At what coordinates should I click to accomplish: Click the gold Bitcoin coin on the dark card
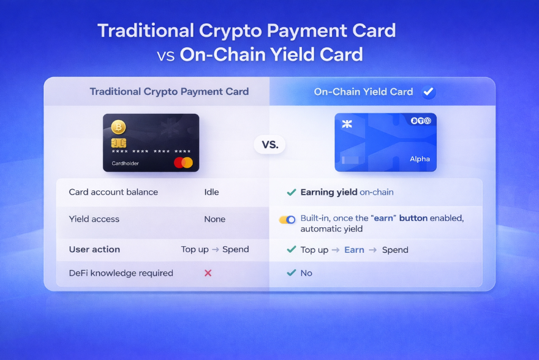coord(118,127)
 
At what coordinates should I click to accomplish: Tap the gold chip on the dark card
coord(119,143)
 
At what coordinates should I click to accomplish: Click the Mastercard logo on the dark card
coord(183,162)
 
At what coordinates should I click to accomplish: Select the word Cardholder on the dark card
coord(125,163)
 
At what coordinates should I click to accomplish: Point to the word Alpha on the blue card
coord(420,159)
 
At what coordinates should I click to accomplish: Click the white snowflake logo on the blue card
coord(347,124)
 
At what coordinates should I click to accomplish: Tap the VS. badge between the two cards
coord(270,144)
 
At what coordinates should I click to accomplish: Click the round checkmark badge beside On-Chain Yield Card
coord(428,92)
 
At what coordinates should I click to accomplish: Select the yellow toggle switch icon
coord(287,220)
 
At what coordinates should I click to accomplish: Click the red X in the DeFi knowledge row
coord(208,273)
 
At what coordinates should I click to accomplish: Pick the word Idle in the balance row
coord(211,192)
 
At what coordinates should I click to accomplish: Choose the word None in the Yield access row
coord(215,219)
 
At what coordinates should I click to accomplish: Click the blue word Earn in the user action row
coord(354,250)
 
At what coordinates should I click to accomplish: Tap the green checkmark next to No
coord(291,272)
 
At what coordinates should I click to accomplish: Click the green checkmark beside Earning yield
coord(291,192)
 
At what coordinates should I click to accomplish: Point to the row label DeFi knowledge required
coord(121,273)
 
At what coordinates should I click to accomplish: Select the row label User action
coord(94,249)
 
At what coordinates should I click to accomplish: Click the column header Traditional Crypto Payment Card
coord(169,92)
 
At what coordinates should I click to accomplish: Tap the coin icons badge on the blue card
coord(421,121)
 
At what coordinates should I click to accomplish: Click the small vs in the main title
coord(166,56)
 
